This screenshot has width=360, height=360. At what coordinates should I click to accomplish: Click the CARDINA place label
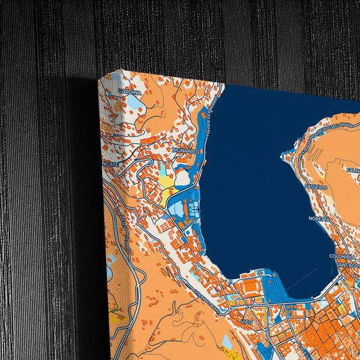[128, 91]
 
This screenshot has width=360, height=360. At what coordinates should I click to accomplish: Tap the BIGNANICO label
[185, 151]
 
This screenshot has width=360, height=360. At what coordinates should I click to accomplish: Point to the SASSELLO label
[315, 186]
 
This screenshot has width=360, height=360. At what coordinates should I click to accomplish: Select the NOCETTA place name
[318, 219]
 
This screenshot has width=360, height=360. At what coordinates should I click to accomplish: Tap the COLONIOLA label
[342, 257]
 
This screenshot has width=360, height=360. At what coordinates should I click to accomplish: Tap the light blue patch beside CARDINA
[134, 103]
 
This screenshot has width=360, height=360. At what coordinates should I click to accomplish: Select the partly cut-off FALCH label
[353, 170]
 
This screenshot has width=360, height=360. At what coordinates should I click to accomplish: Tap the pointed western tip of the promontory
[285, 157]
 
